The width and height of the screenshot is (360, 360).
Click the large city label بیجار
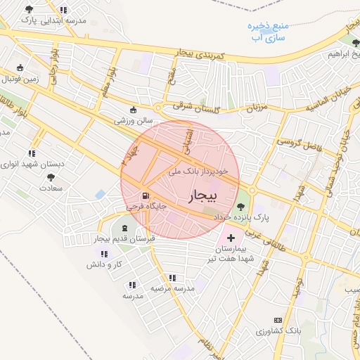click(x=205, y=193)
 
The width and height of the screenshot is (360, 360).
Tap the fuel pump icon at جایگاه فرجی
click(x=146, y=196)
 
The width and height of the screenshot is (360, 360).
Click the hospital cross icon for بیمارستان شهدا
click(x=231, y=248)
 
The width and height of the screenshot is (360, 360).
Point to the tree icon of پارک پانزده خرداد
click(x=241, y=207)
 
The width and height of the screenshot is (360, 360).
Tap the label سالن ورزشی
click(x=134, y=120)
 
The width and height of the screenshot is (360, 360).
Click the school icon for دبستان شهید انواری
click(x=32, y=153)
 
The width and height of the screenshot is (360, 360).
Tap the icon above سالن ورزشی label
click(x=134, y=109)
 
